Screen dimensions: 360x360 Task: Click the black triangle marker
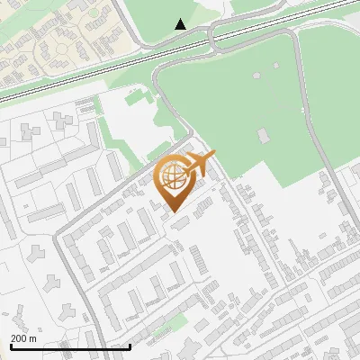click(x=181, y=23)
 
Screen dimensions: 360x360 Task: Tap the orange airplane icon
click(x=200, y=165)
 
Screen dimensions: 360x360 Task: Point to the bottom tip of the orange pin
click(x=174, y=212)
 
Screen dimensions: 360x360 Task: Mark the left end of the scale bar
click(x=11, y=346)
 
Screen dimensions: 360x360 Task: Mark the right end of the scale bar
click(x=130, y=346)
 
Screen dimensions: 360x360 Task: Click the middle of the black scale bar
click(x=70, y=346)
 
